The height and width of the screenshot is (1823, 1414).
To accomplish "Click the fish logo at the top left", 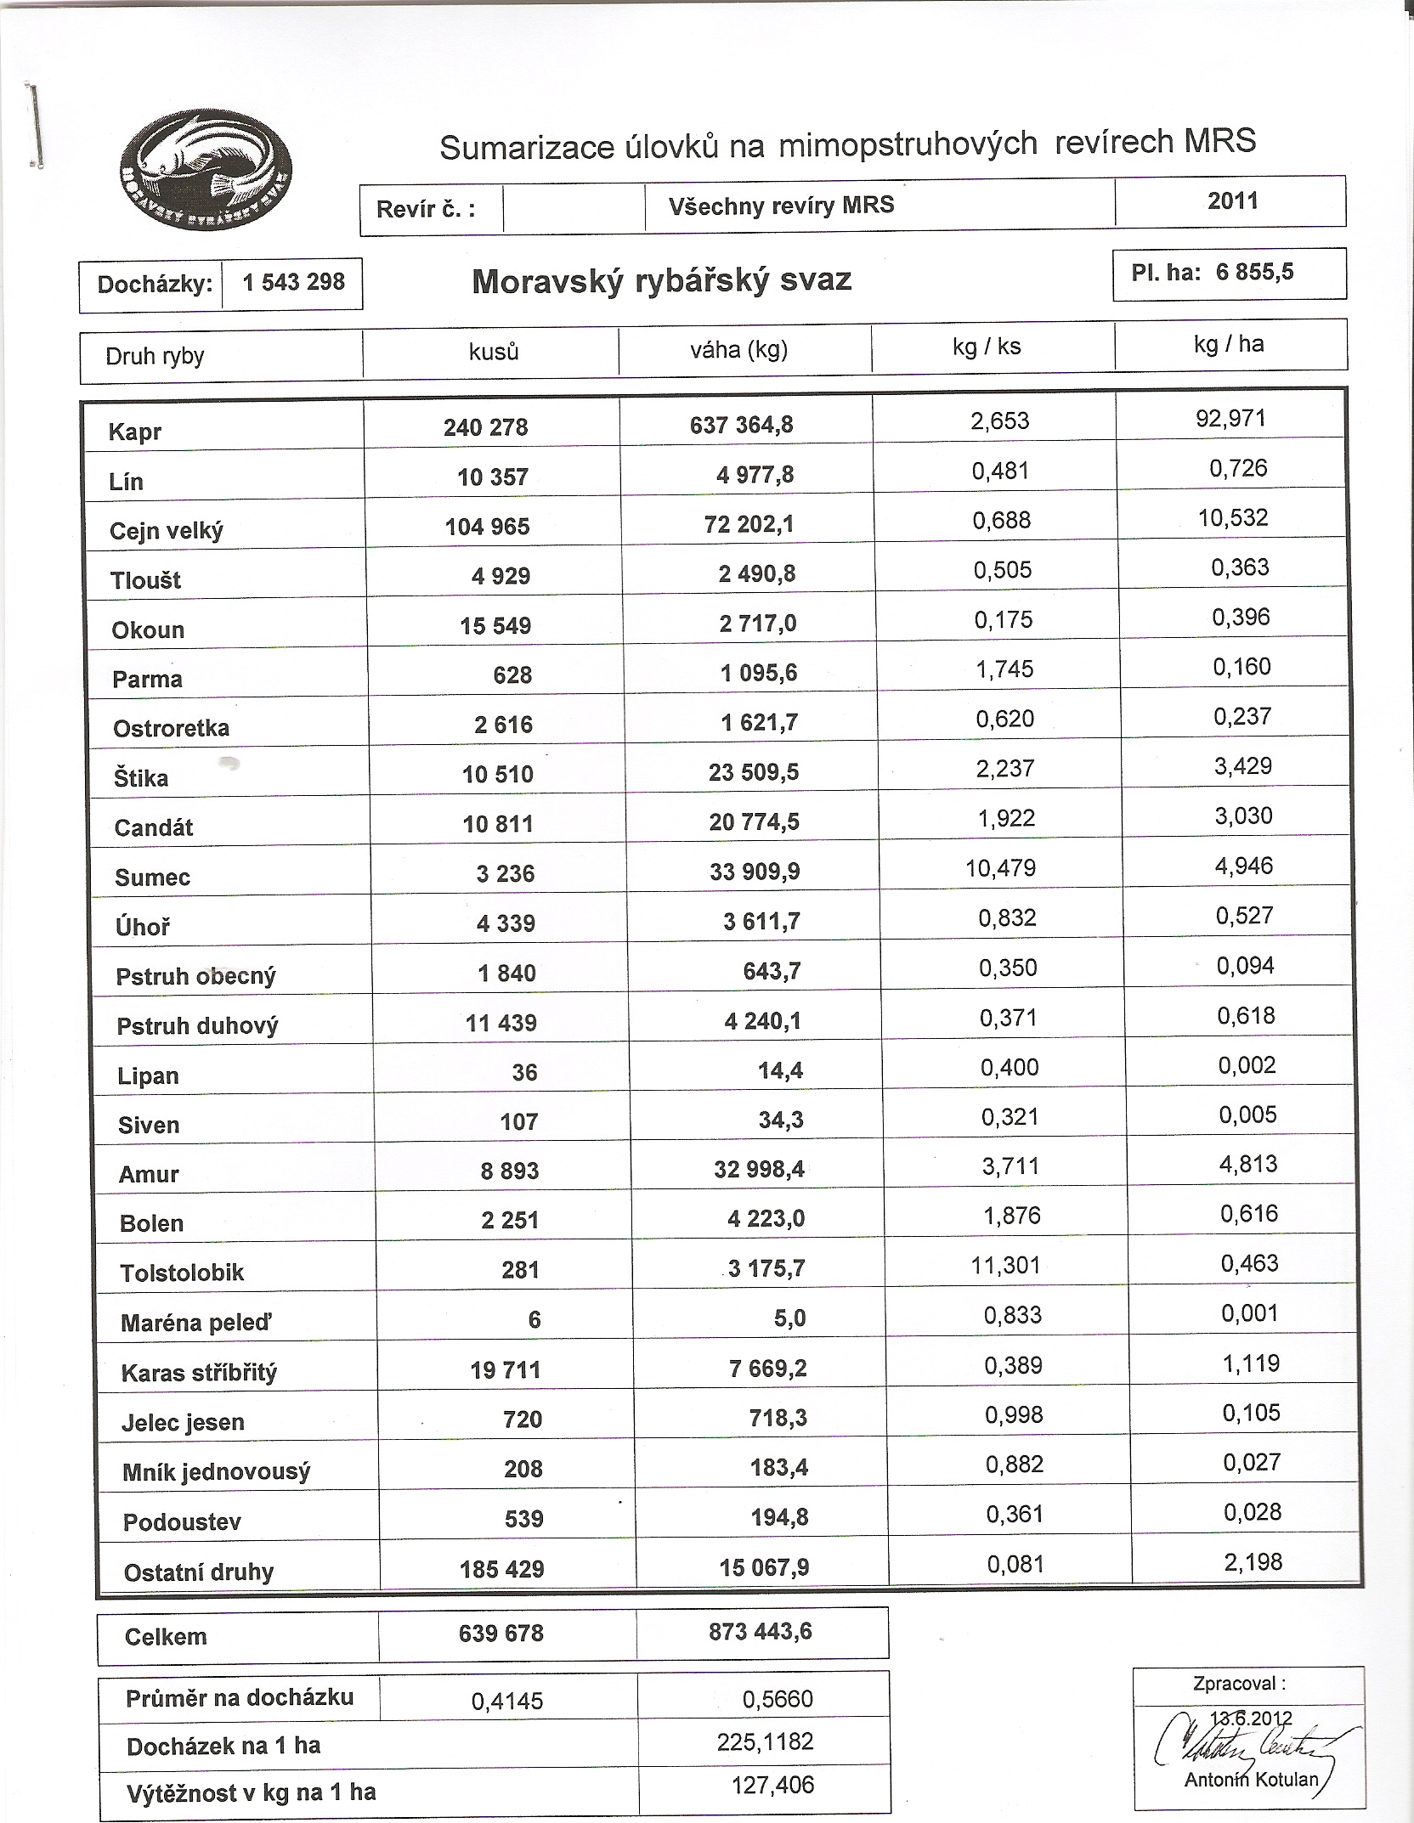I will (x=206, y=171).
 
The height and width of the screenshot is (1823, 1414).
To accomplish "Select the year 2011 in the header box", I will (x=1232, y=201).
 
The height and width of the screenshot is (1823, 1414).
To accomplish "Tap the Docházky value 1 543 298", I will (x=293, y=283).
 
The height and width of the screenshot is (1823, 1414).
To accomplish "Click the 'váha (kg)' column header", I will (x=738, y=350).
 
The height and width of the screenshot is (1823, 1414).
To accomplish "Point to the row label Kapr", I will (x=135, y=432).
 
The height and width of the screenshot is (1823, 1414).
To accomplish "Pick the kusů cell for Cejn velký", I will (x=487, y=527).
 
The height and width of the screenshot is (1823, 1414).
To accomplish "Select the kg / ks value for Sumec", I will (x=1000, y=869).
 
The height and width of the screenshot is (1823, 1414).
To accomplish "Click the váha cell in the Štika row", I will (x=754, y=772).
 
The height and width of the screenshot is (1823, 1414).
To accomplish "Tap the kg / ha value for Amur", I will (x=1247, y=1164).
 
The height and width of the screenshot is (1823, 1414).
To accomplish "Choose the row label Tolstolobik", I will (x=182, y=1273).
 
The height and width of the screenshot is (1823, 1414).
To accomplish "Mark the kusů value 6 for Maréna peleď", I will (x=534, y=1319).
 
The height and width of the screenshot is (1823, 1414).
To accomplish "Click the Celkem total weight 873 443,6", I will (x=760, y=1632).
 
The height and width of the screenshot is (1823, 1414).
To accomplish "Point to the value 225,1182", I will (x=765, y=1742).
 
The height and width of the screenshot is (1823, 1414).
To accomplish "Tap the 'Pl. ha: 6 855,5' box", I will (x=1229, y=274).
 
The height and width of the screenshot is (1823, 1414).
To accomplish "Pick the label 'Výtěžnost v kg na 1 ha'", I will (x=251, y=1792).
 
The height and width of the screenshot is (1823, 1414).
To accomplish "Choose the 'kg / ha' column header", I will (x=1228, y=344).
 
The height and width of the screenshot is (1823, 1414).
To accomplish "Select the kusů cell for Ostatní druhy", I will (x=501, y=1569).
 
